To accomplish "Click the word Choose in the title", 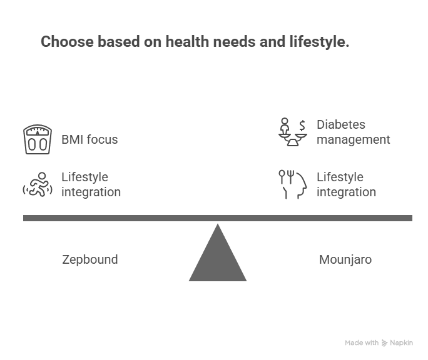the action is (x=67, y=42).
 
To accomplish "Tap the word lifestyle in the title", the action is (x=319, y=42).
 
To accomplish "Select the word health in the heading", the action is (x=188, y=42).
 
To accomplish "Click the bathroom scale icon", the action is (x=38, y=139).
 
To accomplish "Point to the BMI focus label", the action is (x=89, y=139).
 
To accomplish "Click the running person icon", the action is (x=38, y=184).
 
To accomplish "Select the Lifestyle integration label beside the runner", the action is (x=91, y=184).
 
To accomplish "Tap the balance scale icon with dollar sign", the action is (x=293, y=132).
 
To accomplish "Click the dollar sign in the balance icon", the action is (x=302, y=126).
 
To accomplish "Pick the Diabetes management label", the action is (x=353, y=132).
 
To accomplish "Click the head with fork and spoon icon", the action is (x=293, y=184).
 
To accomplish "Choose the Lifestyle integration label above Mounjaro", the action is (x=346, y=184).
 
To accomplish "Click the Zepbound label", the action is (x=90, y=259).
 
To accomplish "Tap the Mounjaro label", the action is (x=345, y=259).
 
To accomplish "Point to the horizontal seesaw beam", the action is (x=218, y=218).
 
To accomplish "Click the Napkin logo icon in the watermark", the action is (x=384, y=343).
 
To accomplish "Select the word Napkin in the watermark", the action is (x=401, y=343).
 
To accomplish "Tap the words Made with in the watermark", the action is (x=362, y=343).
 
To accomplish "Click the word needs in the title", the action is (x=235, y=42).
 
